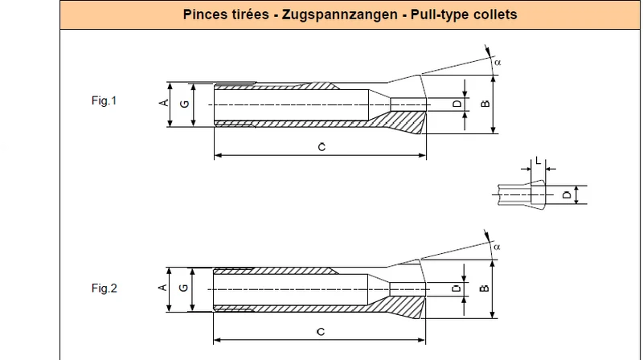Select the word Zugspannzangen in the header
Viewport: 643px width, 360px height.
tap(339, 14)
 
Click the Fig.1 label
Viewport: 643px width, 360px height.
tap(104, 100)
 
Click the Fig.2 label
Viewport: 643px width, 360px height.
tap(104, 288)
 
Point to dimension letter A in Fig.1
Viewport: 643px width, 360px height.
tap(164, 103)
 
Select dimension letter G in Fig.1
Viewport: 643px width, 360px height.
tap(185, 104)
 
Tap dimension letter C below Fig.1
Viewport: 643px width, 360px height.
tap(322, 147)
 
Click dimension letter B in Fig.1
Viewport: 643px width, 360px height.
tap(485, 104)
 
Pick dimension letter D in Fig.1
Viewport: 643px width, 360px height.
tap(457, 104)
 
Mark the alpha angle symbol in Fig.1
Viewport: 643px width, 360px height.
tap(498, 63)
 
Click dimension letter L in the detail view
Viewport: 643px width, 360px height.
tap(539, 161)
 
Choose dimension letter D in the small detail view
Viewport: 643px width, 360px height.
tap(567, 194)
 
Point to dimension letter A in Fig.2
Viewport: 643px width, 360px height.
tap(163, 288)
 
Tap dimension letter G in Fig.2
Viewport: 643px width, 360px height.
tap(184, 288)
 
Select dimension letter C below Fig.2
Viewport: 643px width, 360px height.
tap(321, 331)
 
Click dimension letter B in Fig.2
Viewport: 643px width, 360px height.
tap(485, 288)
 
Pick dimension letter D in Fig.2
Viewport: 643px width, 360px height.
tap(457, 288)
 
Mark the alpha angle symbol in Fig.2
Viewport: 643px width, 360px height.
tap(497, 247)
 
